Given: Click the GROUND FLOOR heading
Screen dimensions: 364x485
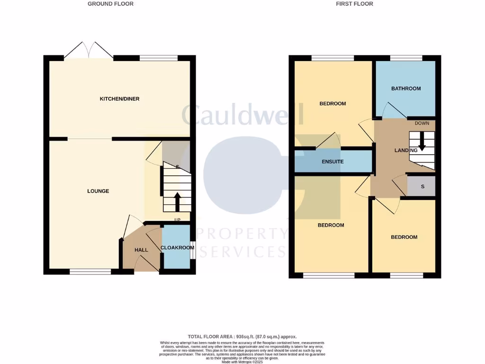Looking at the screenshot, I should [110, 4].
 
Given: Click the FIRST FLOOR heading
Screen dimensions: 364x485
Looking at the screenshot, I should [354, 4].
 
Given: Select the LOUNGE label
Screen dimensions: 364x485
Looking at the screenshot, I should [98, 191].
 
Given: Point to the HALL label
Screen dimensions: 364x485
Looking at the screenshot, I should [141, 250].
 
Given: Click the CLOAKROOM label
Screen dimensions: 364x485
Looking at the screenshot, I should [177, 247].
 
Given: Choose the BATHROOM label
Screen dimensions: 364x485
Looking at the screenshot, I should [406, 88].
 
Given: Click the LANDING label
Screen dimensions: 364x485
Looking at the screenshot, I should [406, 150].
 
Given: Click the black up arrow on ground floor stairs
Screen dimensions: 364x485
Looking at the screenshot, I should [178, 201].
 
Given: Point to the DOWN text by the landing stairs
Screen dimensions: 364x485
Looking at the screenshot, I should [422, 123].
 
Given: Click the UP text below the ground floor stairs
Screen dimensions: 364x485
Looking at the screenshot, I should [178, 220].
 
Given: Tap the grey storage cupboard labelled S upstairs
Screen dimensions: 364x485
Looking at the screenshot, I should [422, 186].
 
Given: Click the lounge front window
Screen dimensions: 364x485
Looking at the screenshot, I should [90, 272].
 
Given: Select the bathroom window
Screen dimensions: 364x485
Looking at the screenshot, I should [406, 58].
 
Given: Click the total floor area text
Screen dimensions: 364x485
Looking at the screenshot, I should [242, 337].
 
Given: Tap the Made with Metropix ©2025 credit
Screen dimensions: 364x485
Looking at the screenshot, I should [242, 362].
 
